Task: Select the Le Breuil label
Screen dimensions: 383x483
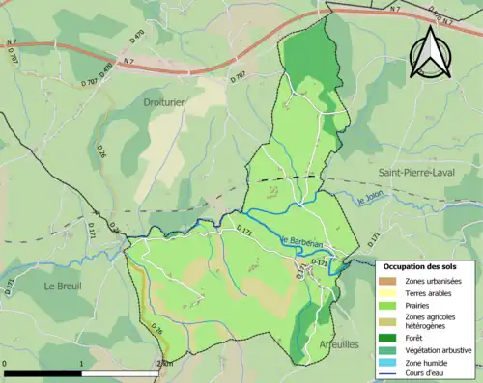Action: click(62, 286)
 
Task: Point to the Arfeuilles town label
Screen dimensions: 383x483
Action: click(337, 342)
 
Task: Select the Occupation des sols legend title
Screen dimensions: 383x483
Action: click(420, 266)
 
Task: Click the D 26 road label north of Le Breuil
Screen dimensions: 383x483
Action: click(99, 151)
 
